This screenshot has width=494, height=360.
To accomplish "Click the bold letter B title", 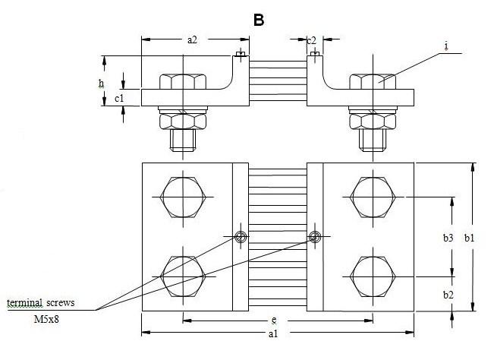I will coord(259,20).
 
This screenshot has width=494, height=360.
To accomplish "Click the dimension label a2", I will coord(192,40).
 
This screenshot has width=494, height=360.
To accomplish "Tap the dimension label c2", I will coord(311,40).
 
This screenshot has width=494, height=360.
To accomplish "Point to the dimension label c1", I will coord(119,98).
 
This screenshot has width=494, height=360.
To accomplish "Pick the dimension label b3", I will coord(448,238).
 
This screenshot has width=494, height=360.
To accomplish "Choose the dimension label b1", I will coord(469,238).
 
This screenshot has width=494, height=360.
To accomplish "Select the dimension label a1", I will coord(272,333).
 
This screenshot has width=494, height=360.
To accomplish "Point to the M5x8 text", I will coord(48,320).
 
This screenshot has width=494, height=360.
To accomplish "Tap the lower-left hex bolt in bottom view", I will coord(183,275).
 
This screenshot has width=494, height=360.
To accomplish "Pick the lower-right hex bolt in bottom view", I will coord(373,275).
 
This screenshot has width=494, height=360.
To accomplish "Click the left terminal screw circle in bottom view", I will coord(240,237).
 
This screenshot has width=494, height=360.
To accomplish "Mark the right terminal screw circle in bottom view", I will coord(313,237).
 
